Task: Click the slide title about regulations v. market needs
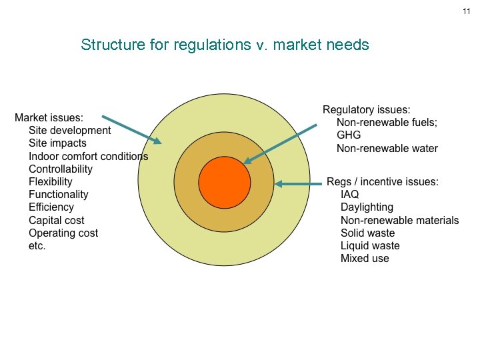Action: (x=225, y=45)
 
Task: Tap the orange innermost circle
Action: (x=225, y=182)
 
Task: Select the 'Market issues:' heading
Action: (x=49, y=117)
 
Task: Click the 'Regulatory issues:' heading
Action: (x=366, y=110)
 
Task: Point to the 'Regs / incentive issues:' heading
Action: (x=382, y=182)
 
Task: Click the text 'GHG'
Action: (x=349, y=135)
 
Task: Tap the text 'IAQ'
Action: (x=349, y=195)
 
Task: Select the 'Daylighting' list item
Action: (x=367, y=207)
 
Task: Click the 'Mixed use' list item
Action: (x=365, y=259)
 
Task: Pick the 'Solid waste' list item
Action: (x=367, y=233)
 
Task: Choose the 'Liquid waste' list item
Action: (x=370, y=246)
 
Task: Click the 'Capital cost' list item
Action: (x=57, y=221)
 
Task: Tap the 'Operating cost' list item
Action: (x=63, y=233)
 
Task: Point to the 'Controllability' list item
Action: (x=61, y=169)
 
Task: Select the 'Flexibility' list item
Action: (x=51, y=182)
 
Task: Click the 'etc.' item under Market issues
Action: (x=37, y=246)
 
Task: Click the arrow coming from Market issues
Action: (x=132, y=129)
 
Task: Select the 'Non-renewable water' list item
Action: (x=387, y=148)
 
